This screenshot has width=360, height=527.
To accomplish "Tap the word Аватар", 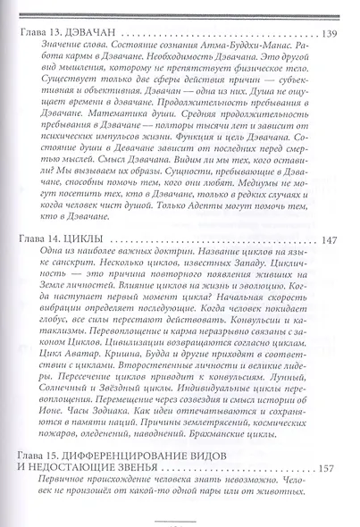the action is (x=94, y=353).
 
